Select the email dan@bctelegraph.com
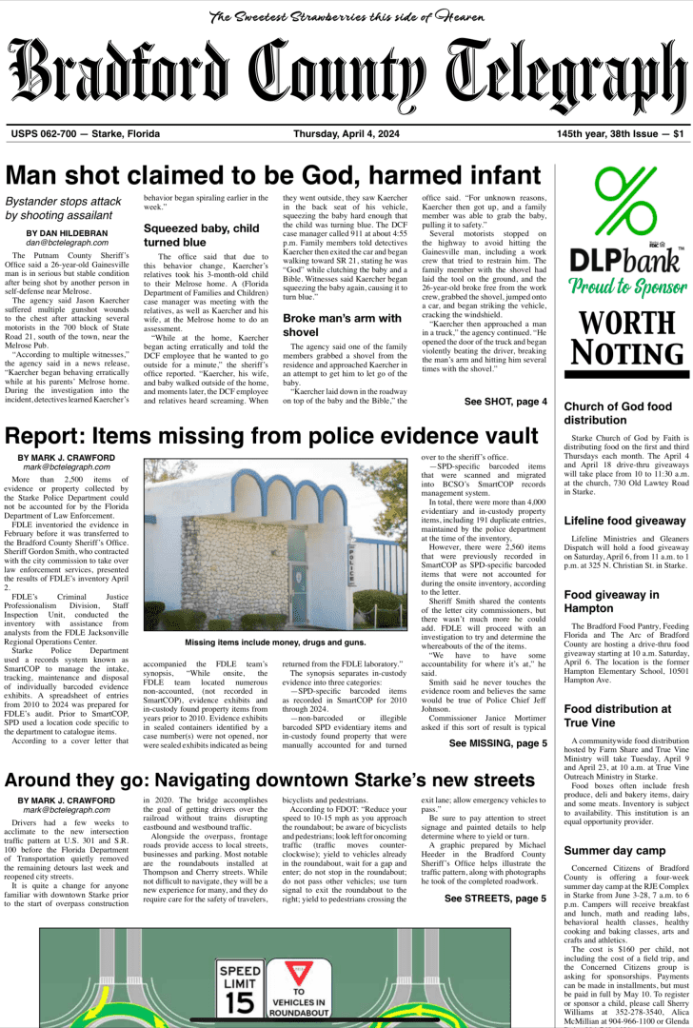pos(66,245)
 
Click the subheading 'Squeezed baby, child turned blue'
pos(201,235)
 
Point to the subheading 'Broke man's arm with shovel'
pos(336,325)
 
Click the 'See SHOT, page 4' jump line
pos(505,402)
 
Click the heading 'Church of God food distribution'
pos(617,413)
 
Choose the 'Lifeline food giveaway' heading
pos(624,521)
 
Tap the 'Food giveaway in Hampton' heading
pos(610,602)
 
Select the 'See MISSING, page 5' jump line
pos(498,743)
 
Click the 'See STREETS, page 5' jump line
pos(494,898)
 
